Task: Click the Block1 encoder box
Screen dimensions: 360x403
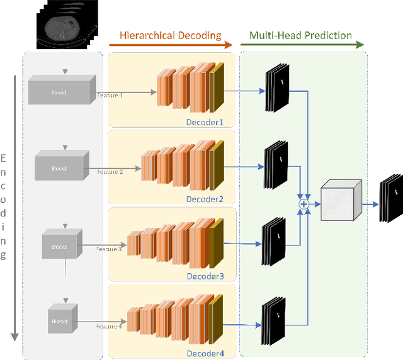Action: tap(61, 91)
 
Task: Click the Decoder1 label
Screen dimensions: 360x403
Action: tap(205, 122)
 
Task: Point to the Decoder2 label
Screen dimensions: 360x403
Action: tap(205, 200)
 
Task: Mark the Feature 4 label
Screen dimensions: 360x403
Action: tap(109, 326)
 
